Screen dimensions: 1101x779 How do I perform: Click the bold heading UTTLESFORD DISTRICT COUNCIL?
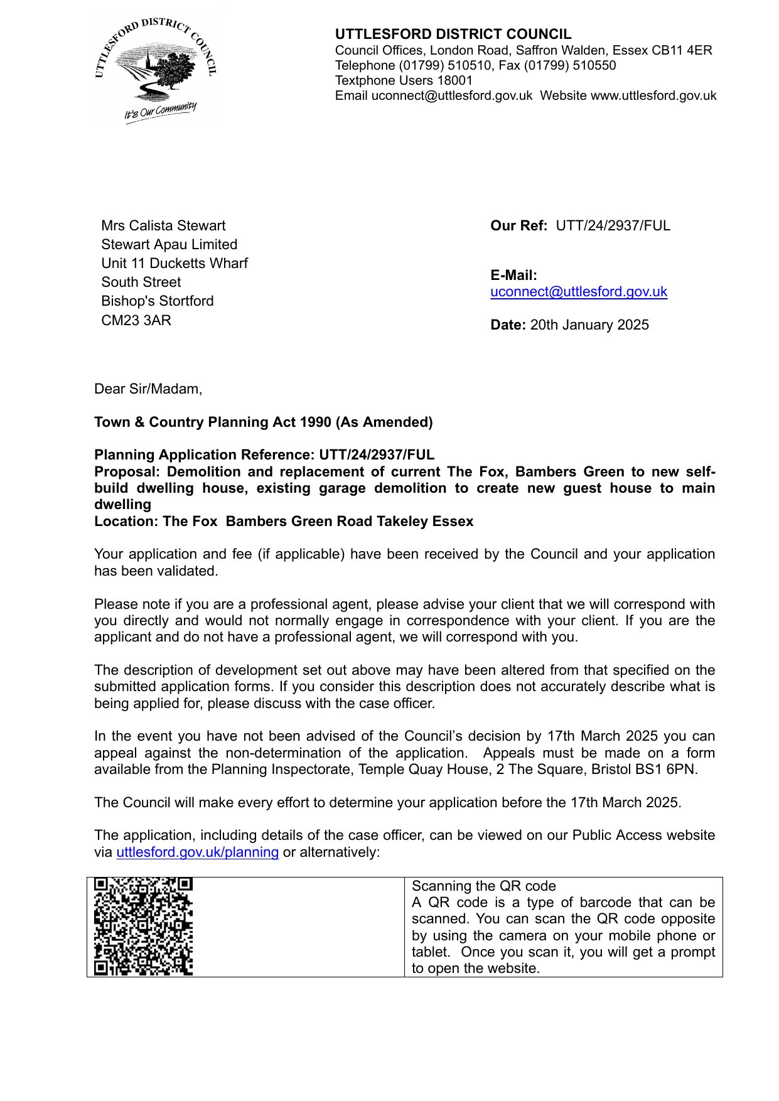click(453, 35)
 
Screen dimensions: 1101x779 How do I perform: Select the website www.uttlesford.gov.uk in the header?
click(653, 95)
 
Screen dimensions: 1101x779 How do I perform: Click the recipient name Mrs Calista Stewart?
click(163, 225)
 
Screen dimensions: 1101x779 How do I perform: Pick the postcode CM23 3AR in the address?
click(136, 320)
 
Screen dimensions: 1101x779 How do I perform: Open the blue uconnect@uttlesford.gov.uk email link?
click(578, 291)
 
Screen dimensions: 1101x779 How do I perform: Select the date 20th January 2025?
click(589, 325)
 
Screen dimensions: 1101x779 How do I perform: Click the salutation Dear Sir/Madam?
click(148, 389)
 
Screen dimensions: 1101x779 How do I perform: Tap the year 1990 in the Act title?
click(316, 422)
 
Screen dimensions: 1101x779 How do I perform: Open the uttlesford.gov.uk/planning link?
click(197, 852)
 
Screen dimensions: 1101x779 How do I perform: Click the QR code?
click(143, 926)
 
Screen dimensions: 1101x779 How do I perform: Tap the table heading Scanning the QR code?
click(483, 886)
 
